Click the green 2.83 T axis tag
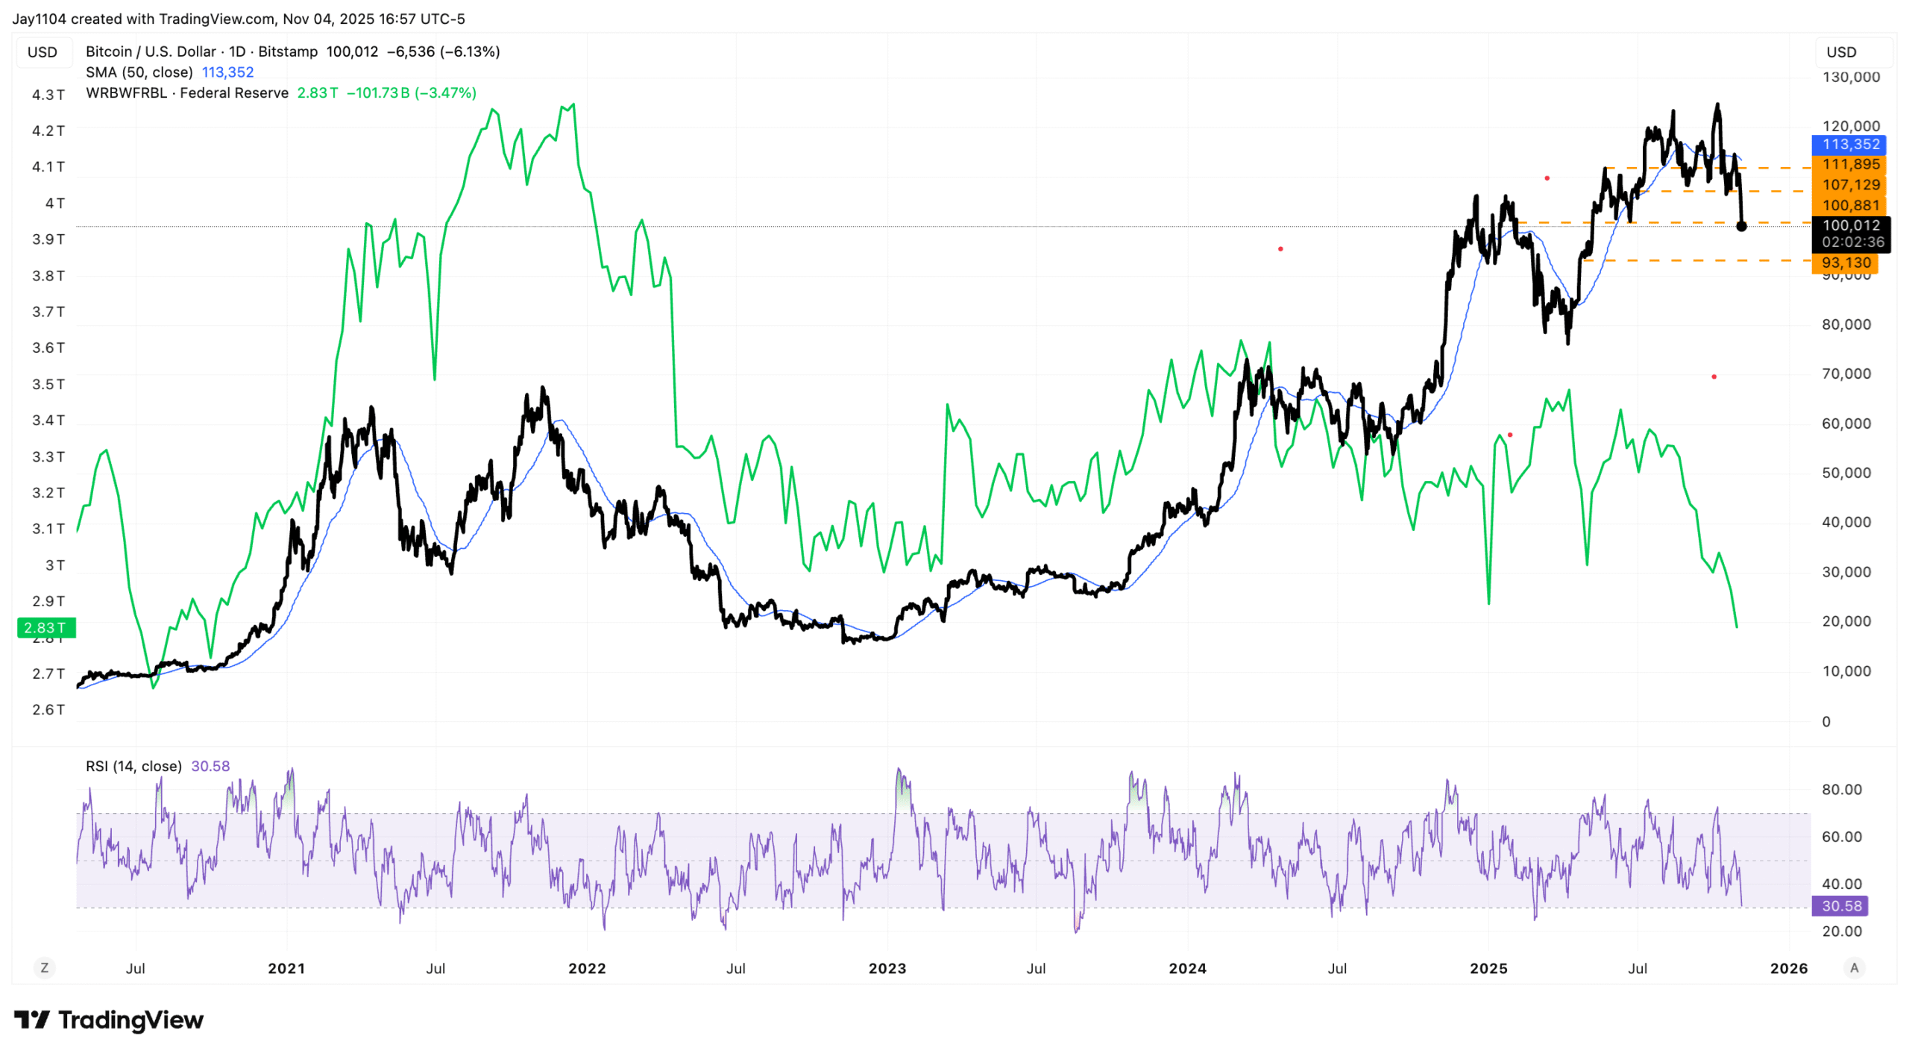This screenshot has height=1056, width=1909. tap(45, 628)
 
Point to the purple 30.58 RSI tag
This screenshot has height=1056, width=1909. tap(1840, 906)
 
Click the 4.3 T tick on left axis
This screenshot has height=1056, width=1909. tap(48, 95)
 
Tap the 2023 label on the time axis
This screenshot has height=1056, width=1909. tap(887, 968)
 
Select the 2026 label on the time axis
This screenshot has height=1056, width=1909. tap(1787, 968)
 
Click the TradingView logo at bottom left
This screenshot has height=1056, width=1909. tap(108, 1019)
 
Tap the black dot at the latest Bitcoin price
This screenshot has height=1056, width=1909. tap(1740, 226)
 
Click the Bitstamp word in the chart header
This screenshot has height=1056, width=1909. tap(288, 51)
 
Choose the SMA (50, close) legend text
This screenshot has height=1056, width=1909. tap(139, 72)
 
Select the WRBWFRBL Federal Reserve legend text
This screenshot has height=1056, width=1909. tap(186, 92)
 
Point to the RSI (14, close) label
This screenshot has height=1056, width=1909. tap(133, 766)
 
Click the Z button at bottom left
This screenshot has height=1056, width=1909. tap(45, 967)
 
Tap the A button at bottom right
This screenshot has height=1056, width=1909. tap(1854, 967)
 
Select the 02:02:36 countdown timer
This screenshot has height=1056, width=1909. tap(1852, 242)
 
